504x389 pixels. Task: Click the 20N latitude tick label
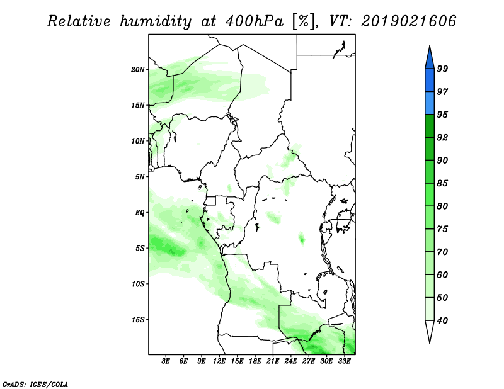pyautogui.click(x=138, y=70)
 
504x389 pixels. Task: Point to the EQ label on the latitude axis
pyautogui.click(x=140, y=213)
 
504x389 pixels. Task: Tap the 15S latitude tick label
pyautogui.click(x=138, y=320)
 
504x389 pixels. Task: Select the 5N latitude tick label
pyautogui.click(x=140, y=177)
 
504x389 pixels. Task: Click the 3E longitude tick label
pyautogui.click(x=166, y=361)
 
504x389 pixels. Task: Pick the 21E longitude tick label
pyautogui.click(x=273, y=361)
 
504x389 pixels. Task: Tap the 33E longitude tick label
pyautogui.click(x=344, y=361)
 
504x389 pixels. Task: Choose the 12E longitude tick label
pyautogui.click(x=219, y=361)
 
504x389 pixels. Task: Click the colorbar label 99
pyautogui.click(x=443, y=69)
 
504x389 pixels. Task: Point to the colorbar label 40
pyautogui.click(x=443, y=320)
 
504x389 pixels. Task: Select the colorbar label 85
pyautogui.click(x=443, y=183)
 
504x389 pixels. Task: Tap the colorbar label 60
pyautogui.click(x=443, y=274)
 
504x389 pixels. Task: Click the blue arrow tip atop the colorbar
pyautogui.click(x=430, y=46)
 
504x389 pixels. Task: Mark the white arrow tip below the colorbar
pyautogui.click(x=430, y=343)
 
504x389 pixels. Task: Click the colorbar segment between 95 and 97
pyautogui.click(x=430, y=103)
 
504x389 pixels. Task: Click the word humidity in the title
pyautogui.click(x=156, y=22)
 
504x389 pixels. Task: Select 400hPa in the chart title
pyautogui.click(x=254, y=21)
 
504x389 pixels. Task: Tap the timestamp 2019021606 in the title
pyautogui.click(x=408, y=21)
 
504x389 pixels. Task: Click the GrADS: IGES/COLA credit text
pyautogui.click(x=35, y=384)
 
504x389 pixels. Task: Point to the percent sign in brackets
pyautogui.click(x=304, y=21)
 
